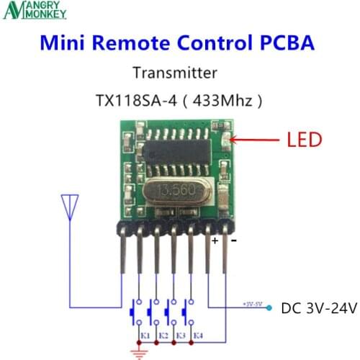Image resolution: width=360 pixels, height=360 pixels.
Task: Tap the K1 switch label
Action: point(144,336)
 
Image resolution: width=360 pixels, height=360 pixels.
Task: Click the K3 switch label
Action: point(180,336)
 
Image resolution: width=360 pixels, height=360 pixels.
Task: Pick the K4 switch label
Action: point(198,336)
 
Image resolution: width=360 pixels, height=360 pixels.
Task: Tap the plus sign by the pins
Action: point(214,241)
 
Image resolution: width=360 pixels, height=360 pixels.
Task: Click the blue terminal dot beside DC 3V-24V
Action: point(268,308)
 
